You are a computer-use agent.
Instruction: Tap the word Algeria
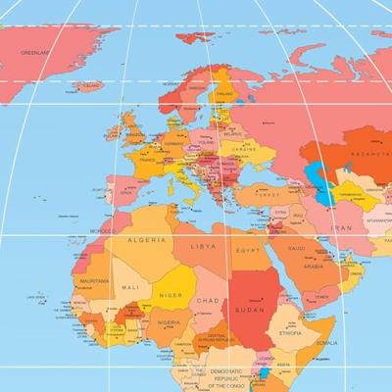[x=145, y=239]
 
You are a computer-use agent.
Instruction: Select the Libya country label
[x=203, y=246]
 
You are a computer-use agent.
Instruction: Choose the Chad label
[x=208, y=300]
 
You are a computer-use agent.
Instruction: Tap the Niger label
[x=171, y=294]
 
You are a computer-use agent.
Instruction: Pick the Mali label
[x=130, y=286]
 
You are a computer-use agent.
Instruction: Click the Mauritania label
[x=94, y=280]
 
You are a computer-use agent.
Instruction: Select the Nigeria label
[x=169, y=321]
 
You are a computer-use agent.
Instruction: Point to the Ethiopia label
[x=290, y=333]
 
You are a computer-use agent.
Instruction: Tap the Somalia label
[x=326, y=342]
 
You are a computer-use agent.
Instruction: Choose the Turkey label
[x=267, y=195]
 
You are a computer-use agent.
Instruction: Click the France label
[x=146, y=161]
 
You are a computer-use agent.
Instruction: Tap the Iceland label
[x=90, y=86]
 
